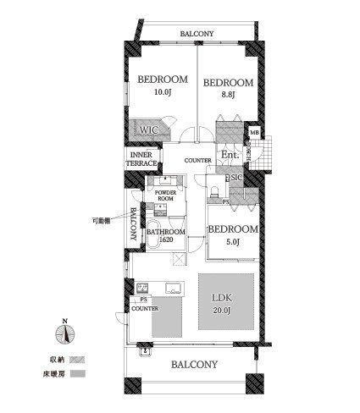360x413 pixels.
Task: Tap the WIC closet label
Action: (x=149, y=130)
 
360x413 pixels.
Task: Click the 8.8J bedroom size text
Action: (x=226, y=96)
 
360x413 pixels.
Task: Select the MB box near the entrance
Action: (x=253, y=133)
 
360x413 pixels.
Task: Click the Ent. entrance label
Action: (x=229, y=156)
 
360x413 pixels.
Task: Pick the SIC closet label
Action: (x=236, y=179)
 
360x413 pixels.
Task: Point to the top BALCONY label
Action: (x=197, y=35)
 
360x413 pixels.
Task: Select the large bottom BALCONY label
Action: (x=194, y=365)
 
